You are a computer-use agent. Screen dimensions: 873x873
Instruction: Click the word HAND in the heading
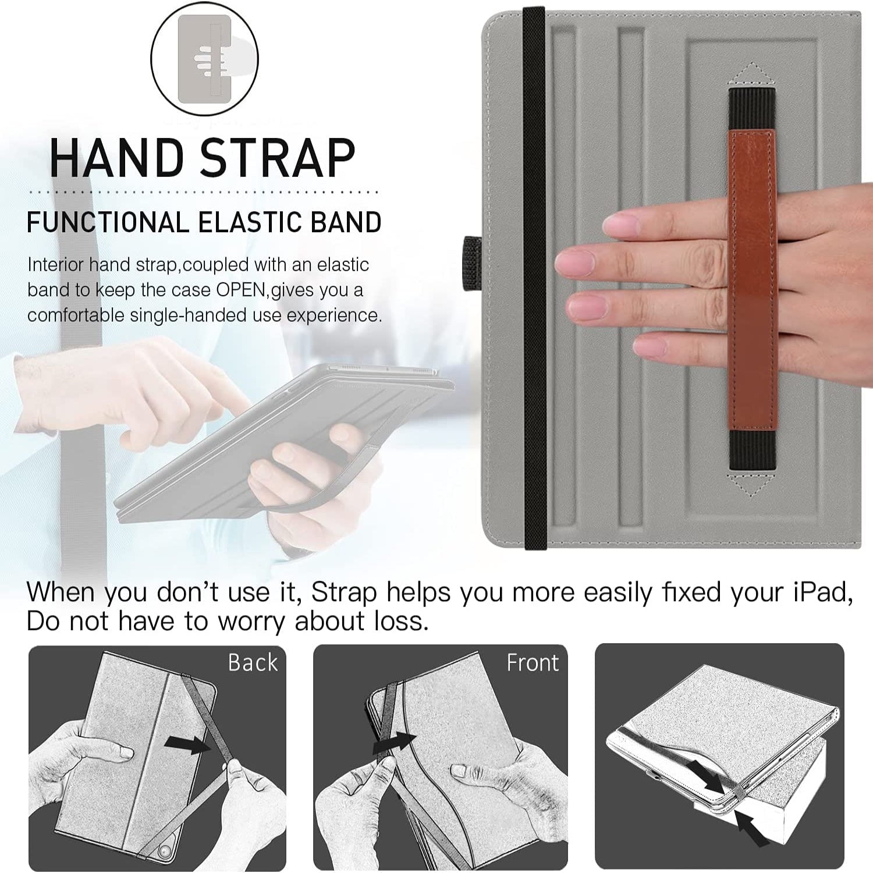click(x=116, y=158)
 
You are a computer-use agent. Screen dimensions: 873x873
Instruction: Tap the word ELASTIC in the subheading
click(x=249, y=222)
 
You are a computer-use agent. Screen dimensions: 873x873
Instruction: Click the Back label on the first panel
click(x=253, y=663)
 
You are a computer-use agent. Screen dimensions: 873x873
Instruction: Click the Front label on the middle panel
click(x=532, y=663)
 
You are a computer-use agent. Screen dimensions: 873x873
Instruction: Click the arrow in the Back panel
click(x=187, y=744)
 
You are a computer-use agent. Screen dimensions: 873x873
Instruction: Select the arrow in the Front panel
click(x=394, y=744)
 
